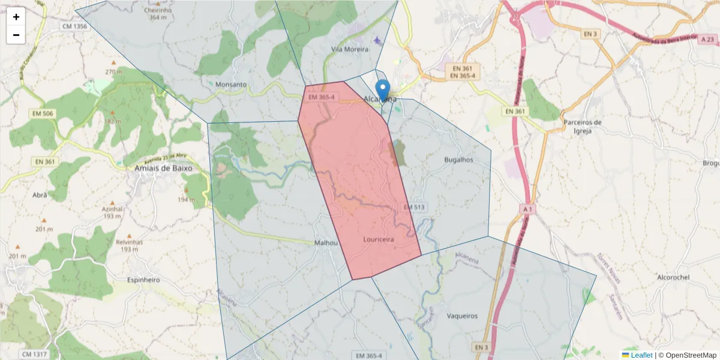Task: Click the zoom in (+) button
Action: [x=16, y=17]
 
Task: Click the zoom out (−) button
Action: [x=16, y=35]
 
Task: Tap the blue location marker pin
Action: [x=382, y=91]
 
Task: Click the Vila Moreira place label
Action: [x=350, y=49]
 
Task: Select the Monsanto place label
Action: [x=231, y=85]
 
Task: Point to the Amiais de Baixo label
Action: [x=164, y=169]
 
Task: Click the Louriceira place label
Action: [x=379, y=239]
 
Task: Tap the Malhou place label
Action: [x=327, y=243]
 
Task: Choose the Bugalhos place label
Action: [x=458, y=160]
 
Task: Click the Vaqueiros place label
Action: [x=462, y=316]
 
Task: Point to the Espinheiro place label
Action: [x=143, y=280]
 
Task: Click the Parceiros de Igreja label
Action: [x=582, y=126]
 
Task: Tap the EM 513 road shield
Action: [x=414, y=207]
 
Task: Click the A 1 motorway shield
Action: [x=528, y=209]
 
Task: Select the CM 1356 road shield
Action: [x=74, y=26]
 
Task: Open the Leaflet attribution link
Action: [x=641, y=355]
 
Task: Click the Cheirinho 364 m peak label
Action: [x=158, y=13]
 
